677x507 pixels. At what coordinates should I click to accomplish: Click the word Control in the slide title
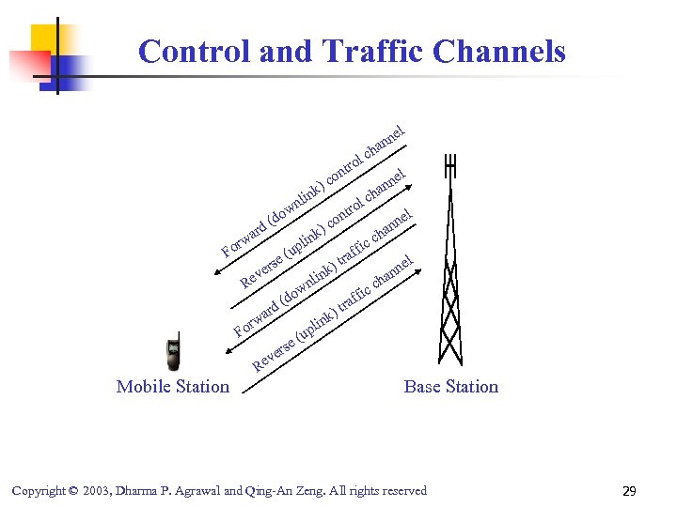tap(195, 51)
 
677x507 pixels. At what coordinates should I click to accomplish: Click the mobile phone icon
tap(172, 353)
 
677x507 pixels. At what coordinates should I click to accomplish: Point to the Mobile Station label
tap(173, 386)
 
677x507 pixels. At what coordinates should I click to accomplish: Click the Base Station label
tap(451, 386)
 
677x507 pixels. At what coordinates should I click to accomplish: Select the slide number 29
tap(629, 491)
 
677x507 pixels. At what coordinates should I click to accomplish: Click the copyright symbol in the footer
tap(73, 491)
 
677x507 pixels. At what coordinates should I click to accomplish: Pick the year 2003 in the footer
tap(96, 491)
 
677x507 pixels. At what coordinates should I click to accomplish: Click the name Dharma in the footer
tap(137, 491)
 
